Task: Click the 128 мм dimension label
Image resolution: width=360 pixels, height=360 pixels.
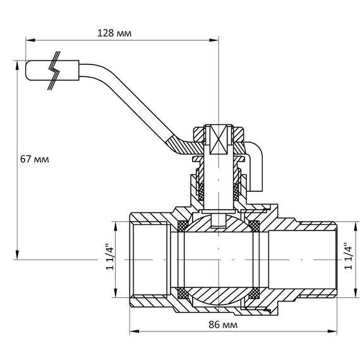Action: point(114,33)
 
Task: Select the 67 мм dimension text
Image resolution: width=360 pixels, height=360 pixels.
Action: point(35,159)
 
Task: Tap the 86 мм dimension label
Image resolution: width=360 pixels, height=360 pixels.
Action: point(223,325)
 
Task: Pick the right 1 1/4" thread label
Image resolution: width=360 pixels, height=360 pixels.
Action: point(348,256)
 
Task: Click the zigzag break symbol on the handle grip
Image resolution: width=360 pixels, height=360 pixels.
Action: point(54,70)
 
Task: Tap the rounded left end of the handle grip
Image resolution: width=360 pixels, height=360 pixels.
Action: point(27,70)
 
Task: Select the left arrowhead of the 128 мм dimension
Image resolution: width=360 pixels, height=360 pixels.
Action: point(30,40)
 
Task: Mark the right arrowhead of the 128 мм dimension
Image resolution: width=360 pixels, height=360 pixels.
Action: point(213,40)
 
